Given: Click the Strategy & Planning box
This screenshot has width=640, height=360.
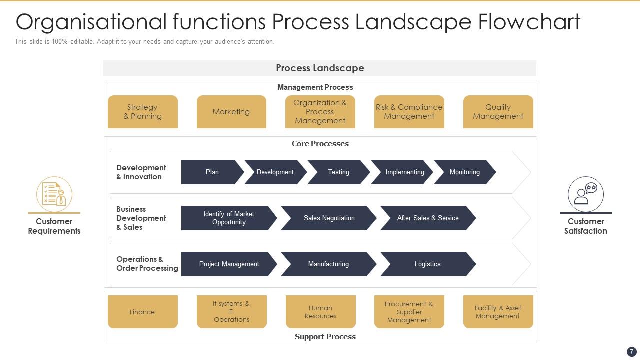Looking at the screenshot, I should [143, 112].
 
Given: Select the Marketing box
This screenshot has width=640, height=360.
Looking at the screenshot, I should [231, 112].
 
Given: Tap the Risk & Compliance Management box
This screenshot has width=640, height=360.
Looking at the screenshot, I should [409, 112].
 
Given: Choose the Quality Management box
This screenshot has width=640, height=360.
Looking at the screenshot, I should [498, 112].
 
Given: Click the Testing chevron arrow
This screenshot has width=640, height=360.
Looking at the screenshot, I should [338, 172].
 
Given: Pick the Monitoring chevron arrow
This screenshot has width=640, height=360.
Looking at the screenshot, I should [464, 172].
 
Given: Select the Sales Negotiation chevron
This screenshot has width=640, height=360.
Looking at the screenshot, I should [329, 218].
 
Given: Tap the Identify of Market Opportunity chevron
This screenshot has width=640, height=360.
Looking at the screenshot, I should [228, 218].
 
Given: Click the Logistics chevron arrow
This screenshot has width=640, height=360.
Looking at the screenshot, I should [427, 264].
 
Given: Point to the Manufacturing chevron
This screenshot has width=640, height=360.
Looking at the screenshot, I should [328, 264].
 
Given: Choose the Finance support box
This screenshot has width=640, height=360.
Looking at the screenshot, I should [142, 312].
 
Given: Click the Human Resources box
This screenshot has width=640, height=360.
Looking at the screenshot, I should [320, 312].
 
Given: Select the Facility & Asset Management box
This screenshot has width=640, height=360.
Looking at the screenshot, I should [498, 312].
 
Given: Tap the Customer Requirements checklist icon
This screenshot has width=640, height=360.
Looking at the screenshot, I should [54, 194].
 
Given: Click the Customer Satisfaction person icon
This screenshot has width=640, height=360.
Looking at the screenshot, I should [585, 194].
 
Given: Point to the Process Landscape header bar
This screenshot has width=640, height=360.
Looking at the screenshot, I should [320, 68].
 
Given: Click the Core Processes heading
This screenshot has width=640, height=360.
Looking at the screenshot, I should [320, 144].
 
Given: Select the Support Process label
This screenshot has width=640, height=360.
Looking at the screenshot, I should [325, 337].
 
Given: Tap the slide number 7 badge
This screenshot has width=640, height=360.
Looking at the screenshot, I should [631, 352].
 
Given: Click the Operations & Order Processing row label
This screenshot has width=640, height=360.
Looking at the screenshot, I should [147, 264].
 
